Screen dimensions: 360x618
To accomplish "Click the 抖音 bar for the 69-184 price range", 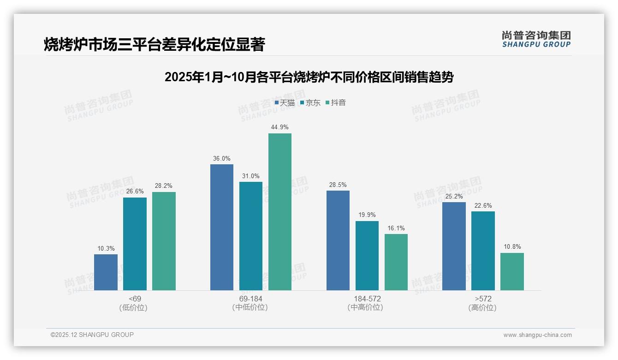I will click(x=280, y=212).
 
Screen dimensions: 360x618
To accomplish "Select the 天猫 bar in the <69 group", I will click(x=106, y=272).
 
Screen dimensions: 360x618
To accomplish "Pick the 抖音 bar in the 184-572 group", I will click(x=396, y=262).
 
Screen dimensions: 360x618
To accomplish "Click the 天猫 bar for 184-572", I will click(x=338, y=240).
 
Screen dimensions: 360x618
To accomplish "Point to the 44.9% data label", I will click(x=280, y=127).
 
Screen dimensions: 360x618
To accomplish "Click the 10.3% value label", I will click(x=106, y=248).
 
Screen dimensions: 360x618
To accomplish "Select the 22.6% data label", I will click(x=483, y=205).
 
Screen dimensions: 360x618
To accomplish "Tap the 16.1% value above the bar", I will click(x=396, y=228).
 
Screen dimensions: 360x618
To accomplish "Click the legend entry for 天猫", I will click(x=285, y=103).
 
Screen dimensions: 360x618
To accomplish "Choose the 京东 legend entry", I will click(x=310, y=103).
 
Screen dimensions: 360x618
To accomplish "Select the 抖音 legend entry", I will click(x=336, y=103).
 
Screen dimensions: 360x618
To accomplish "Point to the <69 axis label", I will click(x=135, y=299).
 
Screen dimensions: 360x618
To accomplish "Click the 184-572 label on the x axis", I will click(x=367, y=299).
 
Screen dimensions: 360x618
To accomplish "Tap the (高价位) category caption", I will click(x=482, y=308).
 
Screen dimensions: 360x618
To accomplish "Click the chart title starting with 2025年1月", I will click(x=309, y=77).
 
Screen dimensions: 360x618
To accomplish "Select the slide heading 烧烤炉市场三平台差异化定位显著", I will click(x=154, y=44).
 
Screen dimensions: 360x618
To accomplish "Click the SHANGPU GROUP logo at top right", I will click(x=536, y=39).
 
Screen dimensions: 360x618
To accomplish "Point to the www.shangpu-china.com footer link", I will click(x=537, y=335).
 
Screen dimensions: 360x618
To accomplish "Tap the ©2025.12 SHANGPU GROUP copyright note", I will click(x=92, y=335).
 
